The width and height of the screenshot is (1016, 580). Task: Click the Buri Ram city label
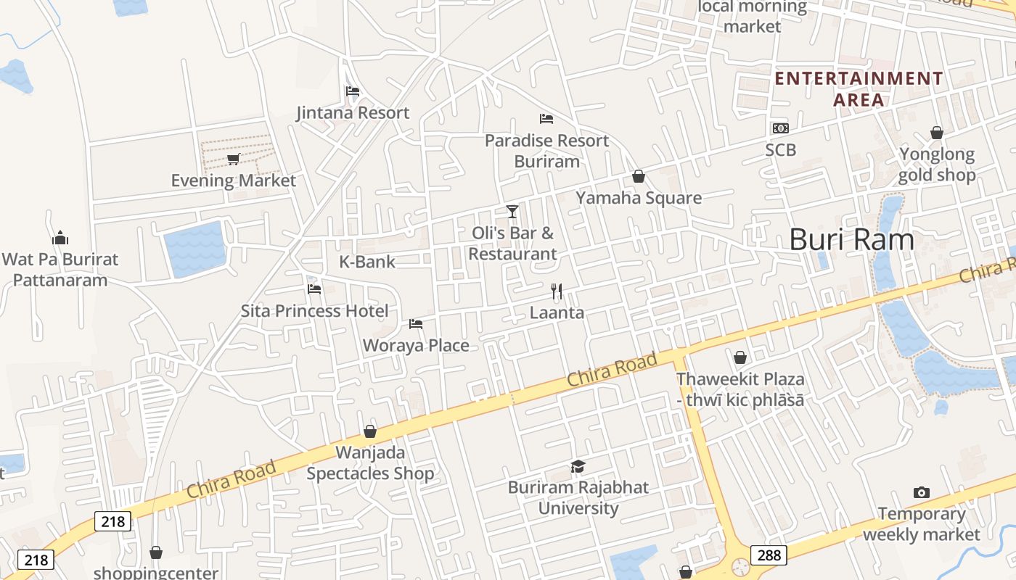[x=851, y=239]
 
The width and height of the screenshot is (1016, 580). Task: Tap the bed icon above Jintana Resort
[x=353, y=91]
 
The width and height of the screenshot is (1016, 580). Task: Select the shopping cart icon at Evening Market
[x=233, y=159]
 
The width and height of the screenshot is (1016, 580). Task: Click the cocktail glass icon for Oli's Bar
[x=512, y=211]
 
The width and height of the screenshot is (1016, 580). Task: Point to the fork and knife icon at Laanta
[x=557, y=291]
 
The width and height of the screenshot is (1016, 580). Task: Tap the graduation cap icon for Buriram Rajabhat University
[x=578, y=466]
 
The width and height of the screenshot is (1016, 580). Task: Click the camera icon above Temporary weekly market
[x=922, y=492]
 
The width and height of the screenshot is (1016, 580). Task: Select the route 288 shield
[x=769, y=555]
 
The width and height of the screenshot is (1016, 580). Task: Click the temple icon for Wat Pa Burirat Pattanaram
[x=60, y=237]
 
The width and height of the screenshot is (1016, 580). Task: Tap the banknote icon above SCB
[x=780, y=128]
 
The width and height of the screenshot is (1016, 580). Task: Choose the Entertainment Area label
[x=859, y=88]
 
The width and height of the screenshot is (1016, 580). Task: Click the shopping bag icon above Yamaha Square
[x=639, y=176]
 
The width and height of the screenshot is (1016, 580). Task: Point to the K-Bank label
[x=367, y=262]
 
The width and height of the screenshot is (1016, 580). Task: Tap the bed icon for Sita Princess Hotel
[x=314, y=289]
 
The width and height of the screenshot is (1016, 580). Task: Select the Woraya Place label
[x=416, y=345]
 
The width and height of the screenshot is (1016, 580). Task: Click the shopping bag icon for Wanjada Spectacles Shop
[x=370, y=432]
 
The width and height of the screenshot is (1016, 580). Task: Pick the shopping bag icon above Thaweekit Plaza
[x=740, y=357]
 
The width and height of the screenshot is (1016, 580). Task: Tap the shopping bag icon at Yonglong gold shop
[x=937, y=133]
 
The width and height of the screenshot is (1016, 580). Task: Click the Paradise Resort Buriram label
[x=546, y=151]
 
